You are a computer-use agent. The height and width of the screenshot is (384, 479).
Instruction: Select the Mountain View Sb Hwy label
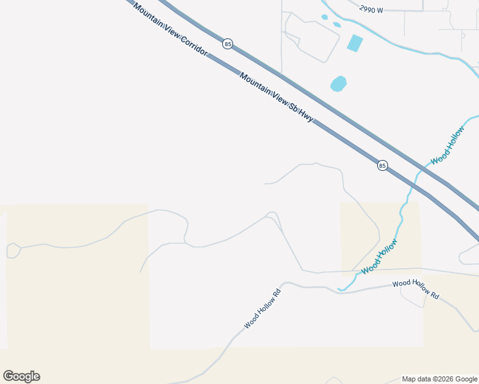tap(276, 98)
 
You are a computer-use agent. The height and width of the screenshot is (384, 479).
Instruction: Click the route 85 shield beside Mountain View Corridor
tap(228, 44)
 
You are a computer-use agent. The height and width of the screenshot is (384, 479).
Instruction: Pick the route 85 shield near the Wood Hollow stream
tap(382, 165)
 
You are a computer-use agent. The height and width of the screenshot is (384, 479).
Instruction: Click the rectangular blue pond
tap(354, 44)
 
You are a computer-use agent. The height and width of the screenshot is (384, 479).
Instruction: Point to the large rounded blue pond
tap(338, 84)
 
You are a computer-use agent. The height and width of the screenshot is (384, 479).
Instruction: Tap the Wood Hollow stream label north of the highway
tap(448, 145)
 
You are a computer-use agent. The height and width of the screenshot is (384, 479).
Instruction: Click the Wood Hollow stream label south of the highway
tap(379, 256)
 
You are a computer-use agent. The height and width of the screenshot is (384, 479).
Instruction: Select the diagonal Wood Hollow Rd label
tap(263, 309)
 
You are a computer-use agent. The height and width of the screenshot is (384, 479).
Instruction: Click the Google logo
tap(21, 376)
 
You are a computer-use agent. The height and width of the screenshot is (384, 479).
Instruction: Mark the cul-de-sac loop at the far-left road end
tap(13, 250)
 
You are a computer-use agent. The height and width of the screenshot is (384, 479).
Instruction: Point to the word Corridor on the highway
tap(193, 44)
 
